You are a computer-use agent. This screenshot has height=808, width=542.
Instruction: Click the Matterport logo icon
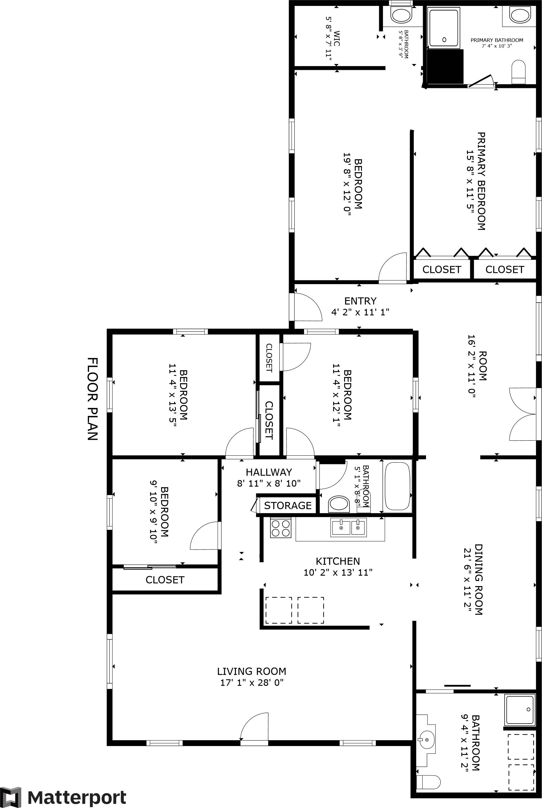coord(11,798)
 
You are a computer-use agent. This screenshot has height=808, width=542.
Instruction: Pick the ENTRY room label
coord(360,301)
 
